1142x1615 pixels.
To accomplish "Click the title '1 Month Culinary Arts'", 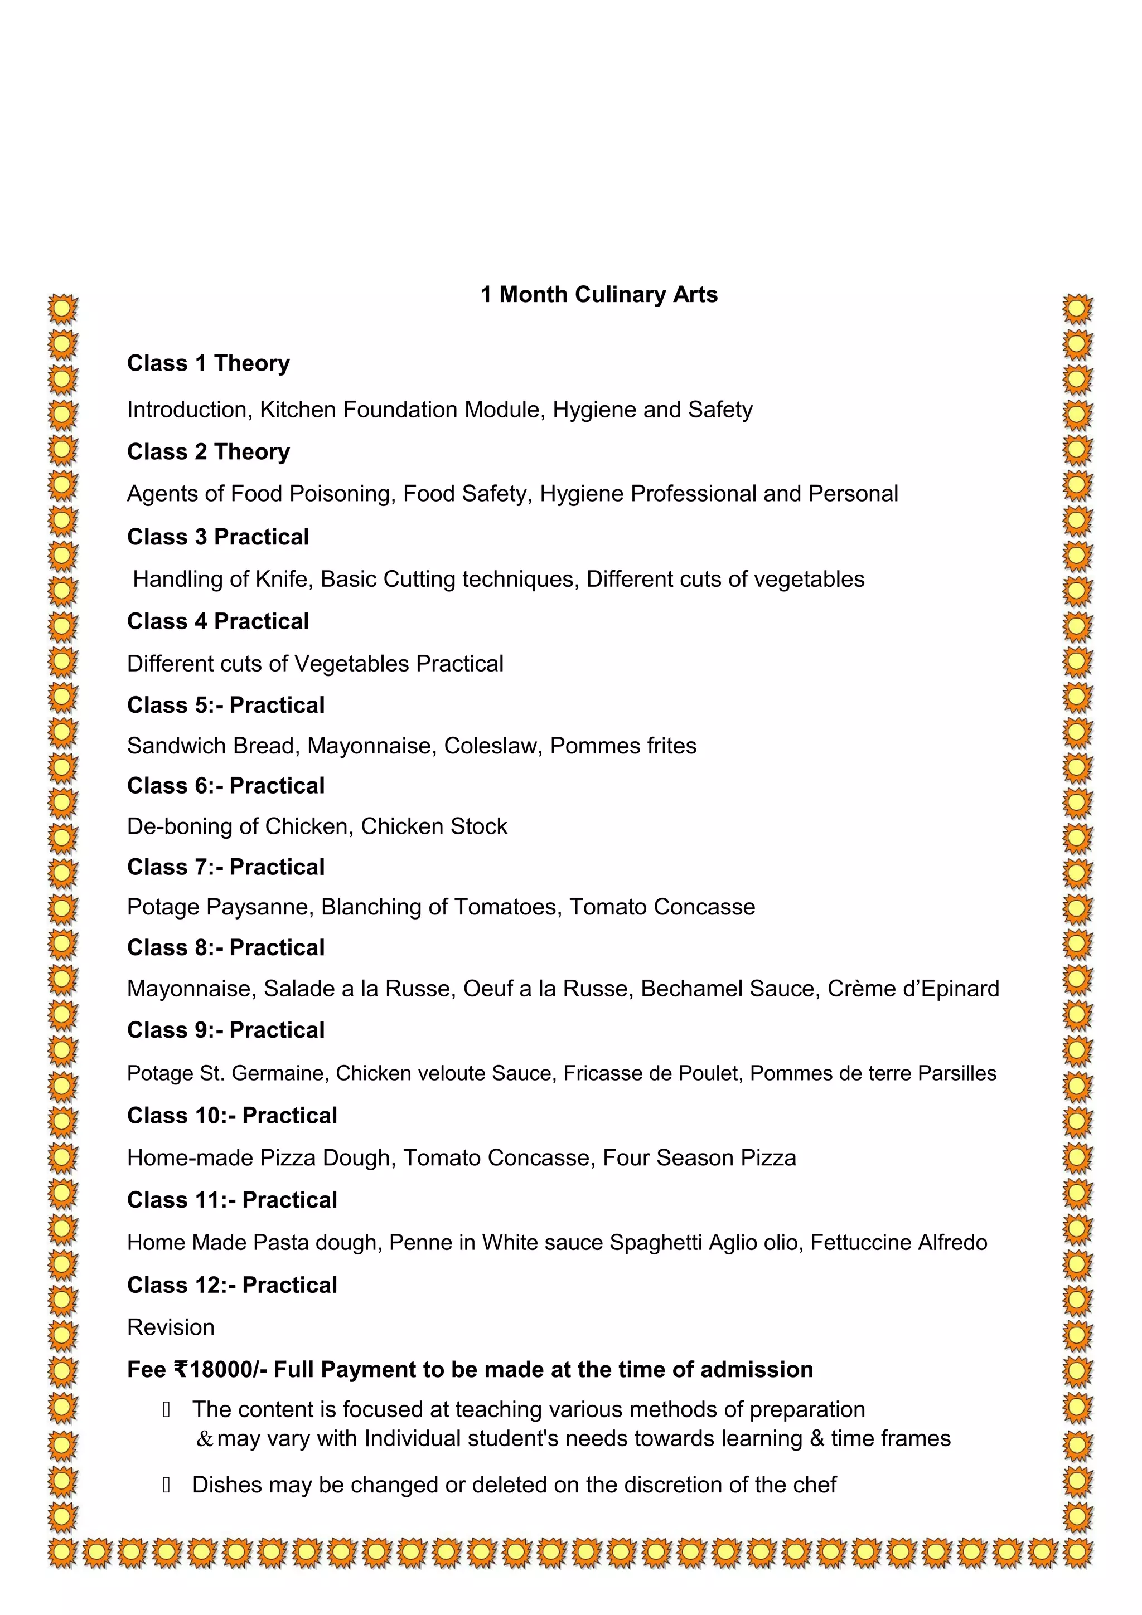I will click(x=599, y=294).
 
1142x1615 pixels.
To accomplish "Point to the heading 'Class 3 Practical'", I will click(x=218, y=537).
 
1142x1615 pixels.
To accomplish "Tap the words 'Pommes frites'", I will click(x=623, y=746).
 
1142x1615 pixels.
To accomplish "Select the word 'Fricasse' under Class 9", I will click(x=593, y=1073).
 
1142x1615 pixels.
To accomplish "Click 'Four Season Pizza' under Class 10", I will click(x=699, y=1158).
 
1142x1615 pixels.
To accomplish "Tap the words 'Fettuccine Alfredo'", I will click(x=898, y=1243).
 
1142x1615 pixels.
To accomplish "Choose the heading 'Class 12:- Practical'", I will click(x=232, y=1285).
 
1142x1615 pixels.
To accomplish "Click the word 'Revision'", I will click(x=171, y=1327).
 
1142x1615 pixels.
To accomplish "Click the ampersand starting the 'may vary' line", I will click(x=205, y=1438).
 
